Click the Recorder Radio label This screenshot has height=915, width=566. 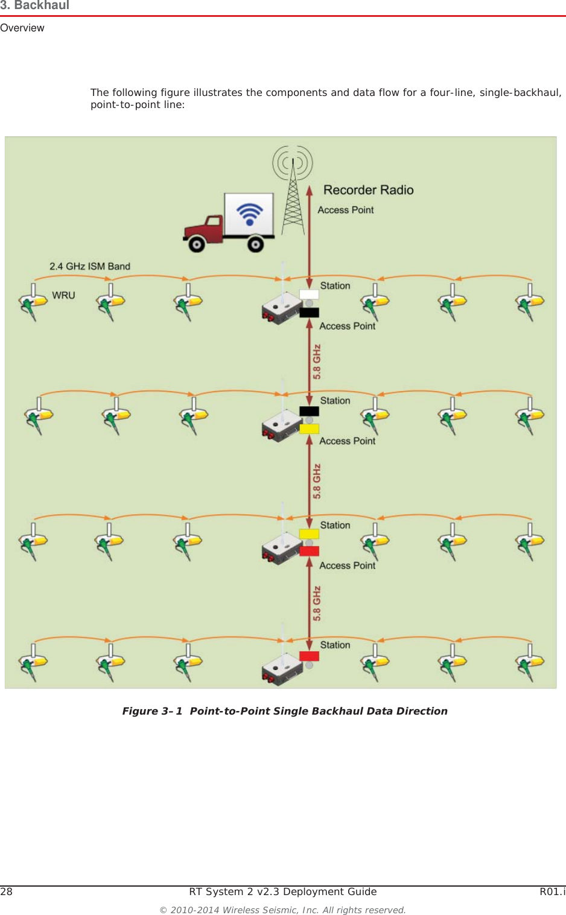coord(368,190)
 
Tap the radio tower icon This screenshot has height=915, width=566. coord(293,193)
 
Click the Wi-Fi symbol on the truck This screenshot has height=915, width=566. coord(249,214)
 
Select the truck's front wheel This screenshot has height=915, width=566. coord(197,244)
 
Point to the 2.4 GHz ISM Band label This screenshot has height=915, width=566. coord(90,266)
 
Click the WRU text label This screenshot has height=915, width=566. coord(63,295)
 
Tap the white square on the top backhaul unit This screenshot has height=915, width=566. coord(309,295)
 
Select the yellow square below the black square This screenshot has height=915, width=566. coord(309,429)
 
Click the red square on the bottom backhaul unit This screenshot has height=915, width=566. coord(309,656)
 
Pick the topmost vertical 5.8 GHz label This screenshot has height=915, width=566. coord(317,362)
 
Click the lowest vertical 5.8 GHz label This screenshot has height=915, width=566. coord(317,604)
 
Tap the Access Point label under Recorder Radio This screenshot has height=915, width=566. coord(346,210)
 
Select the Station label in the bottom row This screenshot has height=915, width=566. coord(335,645)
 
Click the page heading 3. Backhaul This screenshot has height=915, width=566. coord(35,6)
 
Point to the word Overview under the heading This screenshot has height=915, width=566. coord(22,28)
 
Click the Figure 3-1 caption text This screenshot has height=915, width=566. coord(285,711)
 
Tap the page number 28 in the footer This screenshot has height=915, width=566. coord(7,891)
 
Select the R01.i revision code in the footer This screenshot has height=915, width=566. coord(552,891)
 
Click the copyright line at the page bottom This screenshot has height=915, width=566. coord(282,910)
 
